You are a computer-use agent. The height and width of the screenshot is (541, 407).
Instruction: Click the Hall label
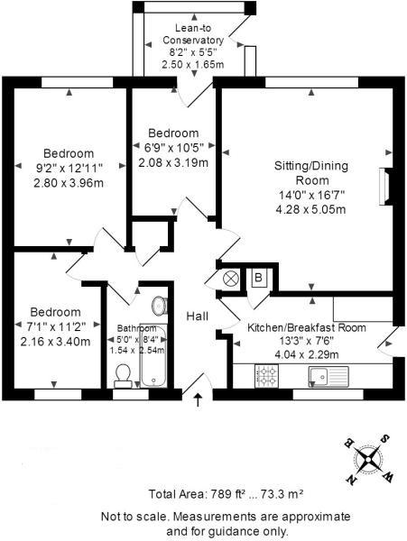(x=197, y=316)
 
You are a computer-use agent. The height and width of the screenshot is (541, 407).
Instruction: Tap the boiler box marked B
(x=259, y=278)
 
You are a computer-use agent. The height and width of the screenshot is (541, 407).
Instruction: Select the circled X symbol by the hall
(x=231, y=279)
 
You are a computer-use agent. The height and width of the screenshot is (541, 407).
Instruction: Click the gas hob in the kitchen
(x=266, y=376)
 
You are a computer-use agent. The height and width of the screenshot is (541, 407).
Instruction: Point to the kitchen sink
(x=328, y=376)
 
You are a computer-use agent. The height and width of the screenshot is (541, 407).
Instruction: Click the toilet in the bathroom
(x=123, y=376)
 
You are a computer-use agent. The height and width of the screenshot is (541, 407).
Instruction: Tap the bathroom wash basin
(x=159, y=306)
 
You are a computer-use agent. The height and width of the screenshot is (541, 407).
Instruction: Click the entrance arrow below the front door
(x=198, y=399)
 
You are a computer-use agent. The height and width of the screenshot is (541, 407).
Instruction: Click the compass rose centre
(x=368, y=459)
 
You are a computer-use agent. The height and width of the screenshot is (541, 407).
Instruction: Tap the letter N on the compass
(x=351, y=479)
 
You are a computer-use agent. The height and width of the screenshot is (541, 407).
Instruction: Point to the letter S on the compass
(x=385, y=439)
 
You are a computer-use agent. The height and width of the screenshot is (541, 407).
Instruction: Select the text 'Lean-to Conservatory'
(x=193, y=34)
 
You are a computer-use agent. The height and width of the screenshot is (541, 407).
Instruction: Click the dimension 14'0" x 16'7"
(x=311, y=196)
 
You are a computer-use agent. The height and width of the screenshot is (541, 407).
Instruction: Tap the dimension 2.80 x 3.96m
(x=69, y=183)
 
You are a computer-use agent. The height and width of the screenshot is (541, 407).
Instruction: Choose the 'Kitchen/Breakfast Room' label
(x=307, y=327)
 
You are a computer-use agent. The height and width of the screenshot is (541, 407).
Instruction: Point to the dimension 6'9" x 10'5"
(x=174, y=147)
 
